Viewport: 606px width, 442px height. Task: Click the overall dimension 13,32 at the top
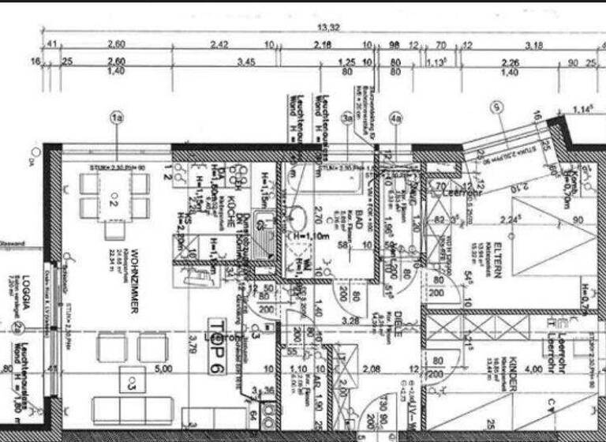click(x=328, y=27)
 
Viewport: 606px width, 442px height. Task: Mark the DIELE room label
click(x=398, y=324)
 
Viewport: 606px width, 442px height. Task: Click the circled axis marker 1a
click(x=118, y=118)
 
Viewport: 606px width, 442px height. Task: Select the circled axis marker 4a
click(x=396, y=119)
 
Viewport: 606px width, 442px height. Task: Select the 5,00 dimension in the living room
click(x=163, y=368)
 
